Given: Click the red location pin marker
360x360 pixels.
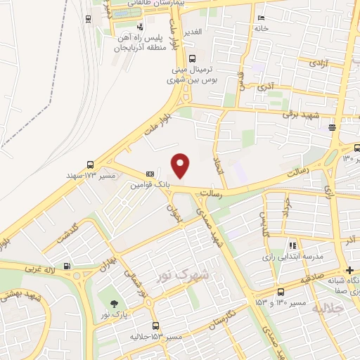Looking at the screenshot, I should point(181,165).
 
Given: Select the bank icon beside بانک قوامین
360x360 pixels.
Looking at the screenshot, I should point(150,174).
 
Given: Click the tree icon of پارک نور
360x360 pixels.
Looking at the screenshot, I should point(114,304).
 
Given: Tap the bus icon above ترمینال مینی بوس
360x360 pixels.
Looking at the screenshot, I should point(192,59).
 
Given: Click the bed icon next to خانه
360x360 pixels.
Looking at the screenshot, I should point(262,18).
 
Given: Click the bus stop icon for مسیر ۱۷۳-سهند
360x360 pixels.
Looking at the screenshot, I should point(89,164).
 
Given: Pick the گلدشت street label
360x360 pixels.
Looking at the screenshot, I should point(74,230).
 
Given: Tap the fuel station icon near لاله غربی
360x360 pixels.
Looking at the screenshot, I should point(66,266).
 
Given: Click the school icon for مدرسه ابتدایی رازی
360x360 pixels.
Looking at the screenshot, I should point(292,245).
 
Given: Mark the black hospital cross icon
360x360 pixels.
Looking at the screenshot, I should point(349,271).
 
